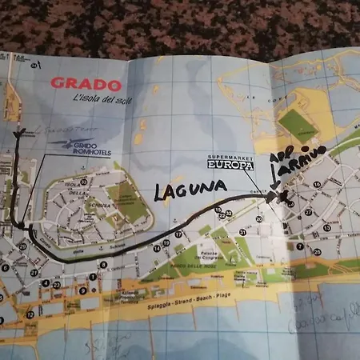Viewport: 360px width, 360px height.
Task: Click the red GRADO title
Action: [86, 84]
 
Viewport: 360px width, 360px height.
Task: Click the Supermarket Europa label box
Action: [230, 162]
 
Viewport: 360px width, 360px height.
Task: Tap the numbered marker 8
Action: [103, 265]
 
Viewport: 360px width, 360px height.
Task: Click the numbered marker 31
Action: [242, 232]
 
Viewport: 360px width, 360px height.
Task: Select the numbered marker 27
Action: [309, 213]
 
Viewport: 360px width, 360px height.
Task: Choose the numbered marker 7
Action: [299, 246]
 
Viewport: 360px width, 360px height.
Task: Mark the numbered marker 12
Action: [30, 314]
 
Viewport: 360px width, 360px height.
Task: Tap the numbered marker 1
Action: [93, 277]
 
